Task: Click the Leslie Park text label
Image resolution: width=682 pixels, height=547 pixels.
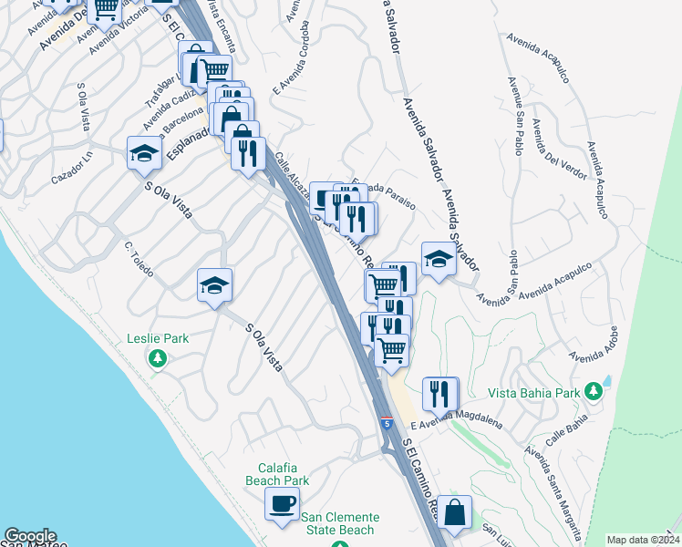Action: point(159,338)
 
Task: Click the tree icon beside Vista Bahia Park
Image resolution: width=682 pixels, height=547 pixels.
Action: point(594,392)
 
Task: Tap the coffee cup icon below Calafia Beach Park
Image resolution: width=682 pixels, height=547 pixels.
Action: point(282,502)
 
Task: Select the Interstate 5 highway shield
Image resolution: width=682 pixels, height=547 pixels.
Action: point(387,423)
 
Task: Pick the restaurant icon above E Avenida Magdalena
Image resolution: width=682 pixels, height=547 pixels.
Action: point(440,393)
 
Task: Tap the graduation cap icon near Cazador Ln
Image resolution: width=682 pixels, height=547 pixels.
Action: point(144,153)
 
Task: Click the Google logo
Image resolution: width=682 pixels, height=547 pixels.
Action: point(30,536)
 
